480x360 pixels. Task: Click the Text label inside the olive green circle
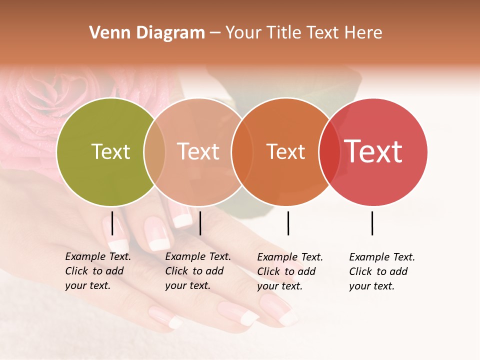coord(110,151)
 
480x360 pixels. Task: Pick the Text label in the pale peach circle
coord(198,151)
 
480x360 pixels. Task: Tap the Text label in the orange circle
coord(285,151)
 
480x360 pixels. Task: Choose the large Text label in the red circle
coord(373,151)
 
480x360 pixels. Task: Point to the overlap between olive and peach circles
coord(154,152)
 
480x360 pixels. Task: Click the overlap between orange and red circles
coord(329,152)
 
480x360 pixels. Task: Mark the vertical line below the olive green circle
coord(112,223)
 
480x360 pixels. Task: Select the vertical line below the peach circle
coord(200,223)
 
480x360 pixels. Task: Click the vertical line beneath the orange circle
coord(288,223)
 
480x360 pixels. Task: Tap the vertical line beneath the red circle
coord(372,223)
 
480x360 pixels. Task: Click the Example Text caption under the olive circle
coord(98,271)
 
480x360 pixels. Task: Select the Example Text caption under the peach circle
coord(198,271)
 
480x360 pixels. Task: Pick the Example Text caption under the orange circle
coord(290,271)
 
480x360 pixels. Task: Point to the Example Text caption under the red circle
coord(382,271)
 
